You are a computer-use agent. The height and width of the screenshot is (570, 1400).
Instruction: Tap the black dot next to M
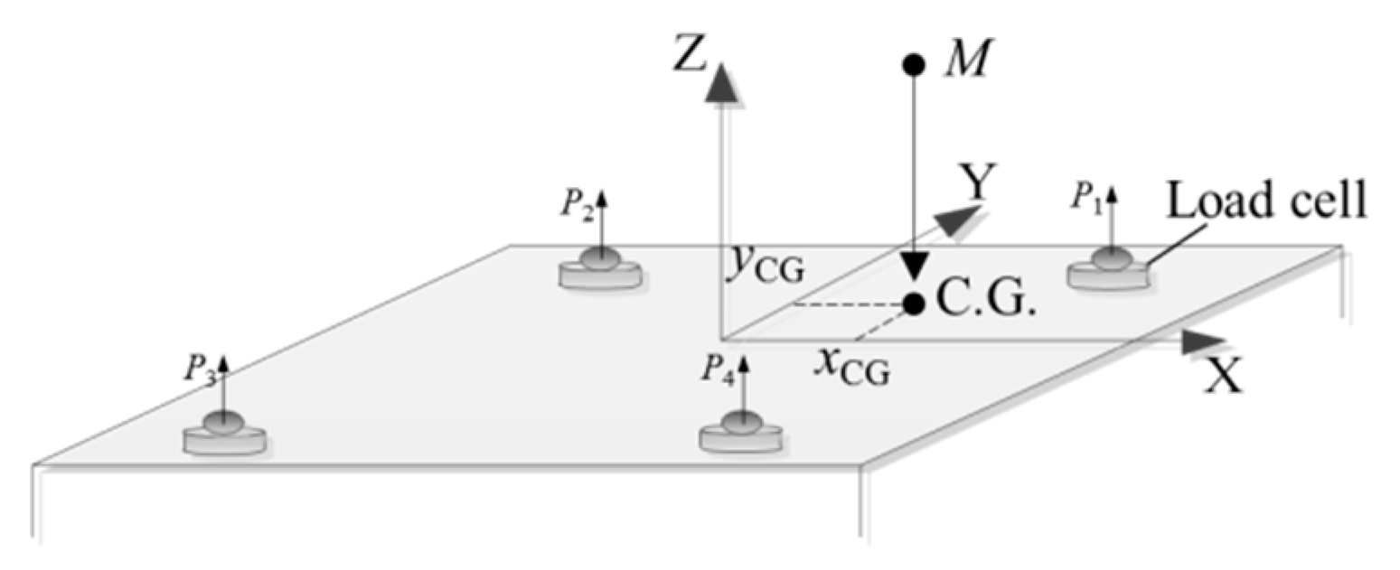pos(913,65)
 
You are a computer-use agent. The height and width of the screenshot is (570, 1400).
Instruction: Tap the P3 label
pos(198,371)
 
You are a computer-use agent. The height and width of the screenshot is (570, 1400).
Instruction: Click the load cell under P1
pos(1110,271)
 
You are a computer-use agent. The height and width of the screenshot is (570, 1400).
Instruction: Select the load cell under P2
pos(599,268)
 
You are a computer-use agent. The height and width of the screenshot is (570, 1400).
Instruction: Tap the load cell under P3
pos(224,434)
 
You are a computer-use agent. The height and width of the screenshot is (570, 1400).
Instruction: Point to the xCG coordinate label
pos(850,368)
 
